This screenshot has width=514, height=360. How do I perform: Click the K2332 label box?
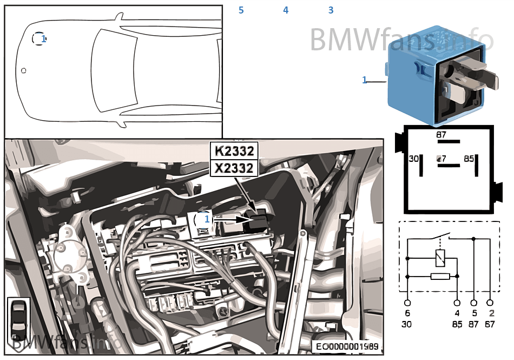click(234, 150)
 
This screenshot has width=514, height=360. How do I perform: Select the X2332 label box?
click(234, 168)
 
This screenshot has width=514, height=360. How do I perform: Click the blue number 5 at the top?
click(241, 10)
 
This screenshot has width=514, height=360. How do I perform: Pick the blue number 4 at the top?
click(286, 10)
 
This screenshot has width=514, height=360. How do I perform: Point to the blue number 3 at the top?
click(331, 10)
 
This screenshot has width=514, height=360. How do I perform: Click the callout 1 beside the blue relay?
click(365, 80)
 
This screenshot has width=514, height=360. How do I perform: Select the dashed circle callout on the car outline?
click(39, 39)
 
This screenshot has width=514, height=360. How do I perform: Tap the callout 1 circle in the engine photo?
click(203, 219)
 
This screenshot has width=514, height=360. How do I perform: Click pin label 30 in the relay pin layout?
click(413, 159)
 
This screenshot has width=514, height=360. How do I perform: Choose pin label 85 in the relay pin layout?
click(469, 159)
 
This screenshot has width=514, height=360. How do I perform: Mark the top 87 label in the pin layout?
click(441, 134)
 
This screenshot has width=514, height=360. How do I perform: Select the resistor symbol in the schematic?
click(439, 277)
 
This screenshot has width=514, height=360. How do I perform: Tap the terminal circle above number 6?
click(407, 303)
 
